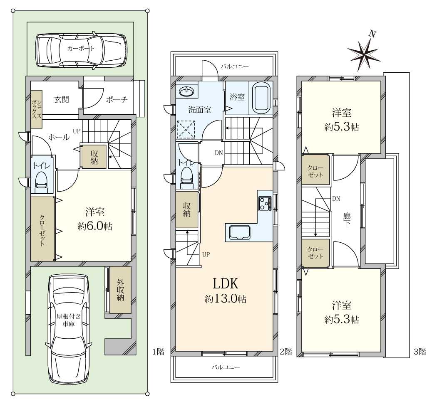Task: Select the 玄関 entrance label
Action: [x=62, y=99]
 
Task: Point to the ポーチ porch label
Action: [x=117, y=99]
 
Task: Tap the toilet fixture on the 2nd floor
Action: [x=187, y=178]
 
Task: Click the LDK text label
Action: [x=226, y=284]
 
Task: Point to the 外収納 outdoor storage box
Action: [x=120, y=290]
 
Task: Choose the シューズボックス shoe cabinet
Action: [x=36, y=109]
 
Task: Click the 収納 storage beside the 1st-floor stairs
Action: [x=94, y=157]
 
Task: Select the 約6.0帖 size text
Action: [x=95, y=227]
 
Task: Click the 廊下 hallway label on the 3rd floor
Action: [x=346, y=219]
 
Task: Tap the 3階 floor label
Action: [x=420, y=352]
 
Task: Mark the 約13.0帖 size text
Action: [x=226, y=299]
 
